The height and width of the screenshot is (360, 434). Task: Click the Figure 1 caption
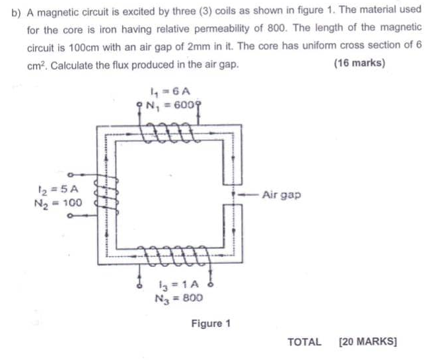pyautogui.click(x=211, y=324)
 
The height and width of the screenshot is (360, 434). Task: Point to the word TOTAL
pyautogui.click(x=305, y=342)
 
